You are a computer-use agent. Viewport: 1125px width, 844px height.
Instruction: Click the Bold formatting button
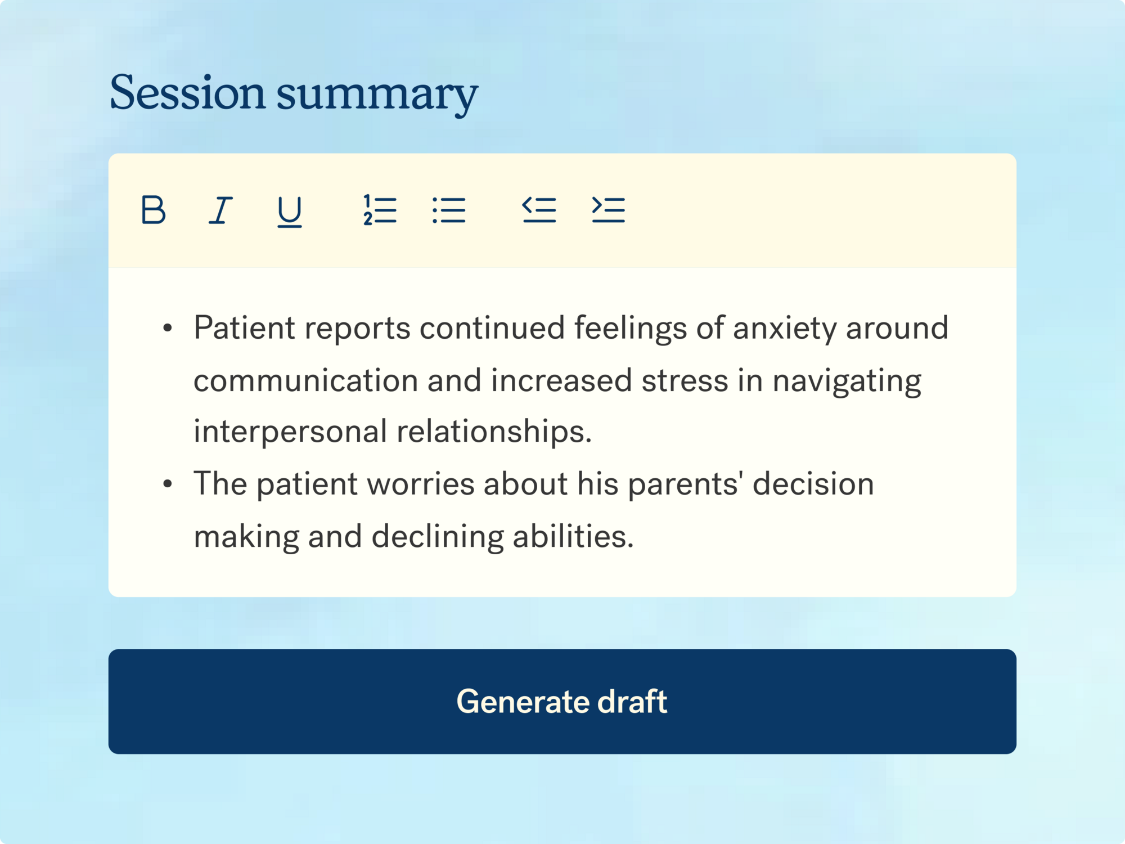[153, 210]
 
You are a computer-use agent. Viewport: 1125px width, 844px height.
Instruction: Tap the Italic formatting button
[220, 210]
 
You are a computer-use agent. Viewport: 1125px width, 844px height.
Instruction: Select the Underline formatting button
[290, 211]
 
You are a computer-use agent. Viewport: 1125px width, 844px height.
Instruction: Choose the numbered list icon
[380, 210]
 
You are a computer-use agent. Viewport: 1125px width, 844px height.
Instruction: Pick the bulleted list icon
[449, 210]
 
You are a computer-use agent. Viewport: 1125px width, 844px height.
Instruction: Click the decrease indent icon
[539, 210]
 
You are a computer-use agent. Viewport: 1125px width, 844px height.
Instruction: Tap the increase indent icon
[608, 210]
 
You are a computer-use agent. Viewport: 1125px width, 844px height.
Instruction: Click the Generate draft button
[562, 701]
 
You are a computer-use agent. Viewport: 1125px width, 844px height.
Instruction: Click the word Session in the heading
[187, 92]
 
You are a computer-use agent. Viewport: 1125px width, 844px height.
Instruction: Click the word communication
[306, 380]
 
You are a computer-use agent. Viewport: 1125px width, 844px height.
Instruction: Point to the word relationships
[494, 432]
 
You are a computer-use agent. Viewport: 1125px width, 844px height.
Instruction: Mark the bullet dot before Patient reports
[168, 329]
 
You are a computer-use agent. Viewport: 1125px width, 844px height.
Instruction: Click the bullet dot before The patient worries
[168, 484]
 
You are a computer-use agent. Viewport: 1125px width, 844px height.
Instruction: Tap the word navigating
[847, 381]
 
